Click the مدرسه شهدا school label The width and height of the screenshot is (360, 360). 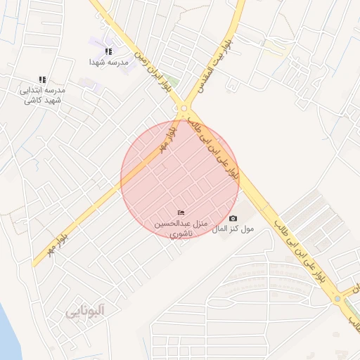(108, 62)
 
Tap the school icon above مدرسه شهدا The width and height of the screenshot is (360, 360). (108, 51)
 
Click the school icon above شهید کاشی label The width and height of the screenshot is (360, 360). (42, 80)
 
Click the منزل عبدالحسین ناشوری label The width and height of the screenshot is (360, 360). (181, 227)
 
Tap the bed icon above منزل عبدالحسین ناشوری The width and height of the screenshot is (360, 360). (181, 213)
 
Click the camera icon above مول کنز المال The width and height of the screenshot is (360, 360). (233, 219)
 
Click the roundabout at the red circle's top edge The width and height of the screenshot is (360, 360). (184, 108)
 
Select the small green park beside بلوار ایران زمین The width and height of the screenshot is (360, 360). (172, 83)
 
